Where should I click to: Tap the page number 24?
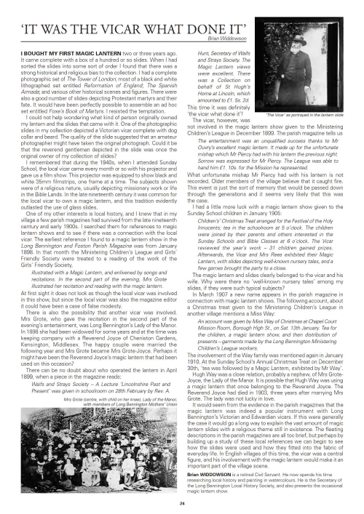tap(181, 503)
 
